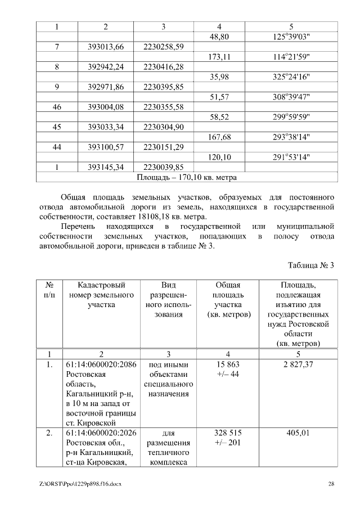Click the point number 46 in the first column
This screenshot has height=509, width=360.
pyautogui.click(x=57, y=107)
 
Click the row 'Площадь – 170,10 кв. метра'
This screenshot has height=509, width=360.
pyautogui.click(x=187, y=178)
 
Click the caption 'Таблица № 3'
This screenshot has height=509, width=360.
pyautogui.click(x=311, y=265)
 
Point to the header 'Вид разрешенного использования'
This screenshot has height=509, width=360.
pyautogui.click(x=168, y=300)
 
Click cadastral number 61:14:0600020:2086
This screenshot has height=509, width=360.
pyautogui.click(x=101, y=365)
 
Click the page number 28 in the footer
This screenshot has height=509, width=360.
pyautogui.click(x=331, y=484)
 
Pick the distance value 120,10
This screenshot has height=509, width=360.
pyautogui.click(x=219, y=157)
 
